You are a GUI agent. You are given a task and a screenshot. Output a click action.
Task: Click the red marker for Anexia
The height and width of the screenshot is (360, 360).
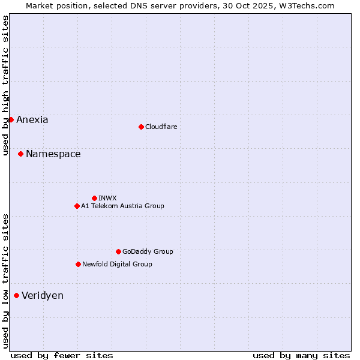pyautogui.click(x=11, y=119)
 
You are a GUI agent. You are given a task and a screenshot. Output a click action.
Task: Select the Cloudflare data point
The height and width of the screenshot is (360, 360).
pyautogui.click(x=141, y=127)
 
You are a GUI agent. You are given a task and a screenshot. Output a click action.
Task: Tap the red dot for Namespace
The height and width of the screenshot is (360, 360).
pyautogui.click(x=20, y=154)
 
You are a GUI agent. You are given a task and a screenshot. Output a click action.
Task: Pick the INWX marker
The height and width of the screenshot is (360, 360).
pyautogui.click(x=94, y=198)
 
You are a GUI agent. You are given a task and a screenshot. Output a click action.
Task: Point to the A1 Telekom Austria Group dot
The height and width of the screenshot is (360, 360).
pyautogui.click(x=77, y=206)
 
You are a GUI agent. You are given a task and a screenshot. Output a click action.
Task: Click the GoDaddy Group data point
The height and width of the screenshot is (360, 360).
pyautogui.click(x=118, y=251)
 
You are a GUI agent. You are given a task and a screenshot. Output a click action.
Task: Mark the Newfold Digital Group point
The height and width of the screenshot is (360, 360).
pyautogui.click(x=78, y=264)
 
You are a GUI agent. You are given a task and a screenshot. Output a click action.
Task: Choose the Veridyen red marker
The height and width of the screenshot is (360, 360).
pyautogui.click(x=16, y=295)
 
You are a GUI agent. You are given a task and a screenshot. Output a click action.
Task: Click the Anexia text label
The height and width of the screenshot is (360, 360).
pyautogui.click(x=32, y=120)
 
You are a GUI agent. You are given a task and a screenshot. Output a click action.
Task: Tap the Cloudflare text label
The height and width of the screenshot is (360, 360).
pyautogui.click(x=161, y=127)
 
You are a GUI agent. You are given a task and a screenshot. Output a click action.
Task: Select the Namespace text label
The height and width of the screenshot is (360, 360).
pyautogui.click(x=53, y=154)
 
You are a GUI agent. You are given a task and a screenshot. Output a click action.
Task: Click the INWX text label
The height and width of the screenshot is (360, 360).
pyautogui.click(x=107, y=198)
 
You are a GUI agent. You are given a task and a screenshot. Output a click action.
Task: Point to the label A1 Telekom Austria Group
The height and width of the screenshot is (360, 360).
pyautogui.click(x=122, y=206)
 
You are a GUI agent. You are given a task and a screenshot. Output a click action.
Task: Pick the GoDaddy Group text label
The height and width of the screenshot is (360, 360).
pyautogui.click(x=148, y=251)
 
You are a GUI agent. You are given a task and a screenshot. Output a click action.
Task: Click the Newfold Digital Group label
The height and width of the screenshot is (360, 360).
pyautogui.click(x=117, y=264)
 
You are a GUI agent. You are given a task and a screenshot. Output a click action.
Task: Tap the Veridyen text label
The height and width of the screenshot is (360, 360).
pyautogui.click(x=43, y=296)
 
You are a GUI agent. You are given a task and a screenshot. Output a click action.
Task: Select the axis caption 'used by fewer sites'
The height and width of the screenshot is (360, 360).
pyautogui.click(x=62, y=355)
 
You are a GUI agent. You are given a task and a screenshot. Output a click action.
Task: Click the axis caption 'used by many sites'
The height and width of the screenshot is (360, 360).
pyautogui.click(x=301, y=355)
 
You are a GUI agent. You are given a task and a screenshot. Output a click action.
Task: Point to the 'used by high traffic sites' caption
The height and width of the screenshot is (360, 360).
pyautogui.click(x=5, y=85)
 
